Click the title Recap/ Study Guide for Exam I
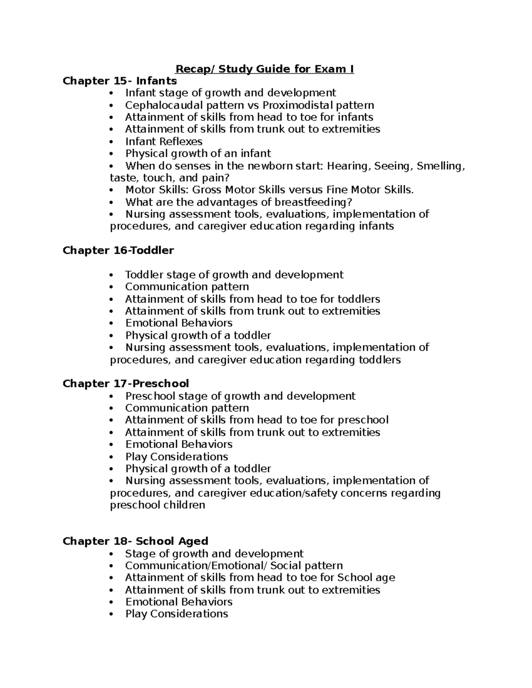[x=265, y=69]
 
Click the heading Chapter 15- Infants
[x=120, y=81]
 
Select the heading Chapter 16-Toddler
[x=118, y=251]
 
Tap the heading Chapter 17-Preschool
[x=125, y=384]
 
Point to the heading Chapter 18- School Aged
[x=135, y=541]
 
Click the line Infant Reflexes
[x=164, y=142]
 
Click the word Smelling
[x=441, y=166]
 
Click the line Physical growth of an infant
[x=198, y=154]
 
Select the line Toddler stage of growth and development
[x=234, y=275]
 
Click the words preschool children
[x=157, y=505]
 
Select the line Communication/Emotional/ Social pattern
[x=234, y=566]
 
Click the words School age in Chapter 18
[x=366, y=578]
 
